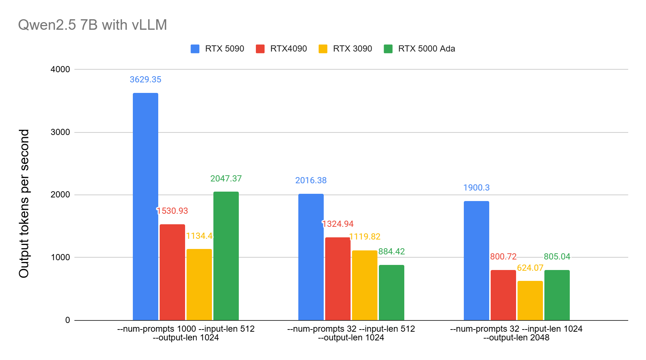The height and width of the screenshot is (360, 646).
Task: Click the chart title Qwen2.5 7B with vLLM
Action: point(93,25)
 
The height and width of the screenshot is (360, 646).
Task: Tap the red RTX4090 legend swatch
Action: point(260,49)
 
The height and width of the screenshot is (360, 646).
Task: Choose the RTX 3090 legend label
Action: point(352,49)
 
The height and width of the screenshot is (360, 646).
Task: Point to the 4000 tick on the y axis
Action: point(60,69)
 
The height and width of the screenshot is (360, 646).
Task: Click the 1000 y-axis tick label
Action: point(60,257)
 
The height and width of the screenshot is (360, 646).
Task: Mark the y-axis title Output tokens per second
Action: point(24,203)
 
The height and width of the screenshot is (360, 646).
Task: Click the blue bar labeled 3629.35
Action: point(145,207)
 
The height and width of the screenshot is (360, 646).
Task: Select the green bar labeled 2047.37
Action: point(226,256)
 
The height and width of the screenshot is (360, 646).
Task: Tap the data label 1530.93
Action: point(172,211)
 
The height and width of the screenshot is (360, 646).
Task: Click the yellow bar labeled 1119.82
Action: point(364,285)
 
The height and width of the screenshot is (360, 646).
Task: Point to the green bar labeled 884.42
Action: point(391,292)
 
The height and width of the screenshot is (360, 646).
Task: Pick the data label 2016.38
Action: point(311,180)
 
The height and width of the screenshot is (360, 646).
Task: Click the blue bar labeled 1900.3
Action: point(476,261)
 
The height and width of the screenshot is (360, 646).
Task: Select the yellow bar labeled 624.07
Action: point(530,300)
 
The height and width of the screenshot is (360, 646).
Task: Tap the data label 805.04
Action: point(557,257)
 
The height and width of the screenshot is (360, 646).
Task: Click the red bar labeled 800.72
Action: point(503,295)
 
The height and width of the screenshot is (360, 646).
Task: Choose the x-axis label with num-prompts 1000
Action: point(186,333)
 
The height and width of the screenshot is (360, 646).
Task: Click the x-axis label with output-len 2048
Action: point(516,333)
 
